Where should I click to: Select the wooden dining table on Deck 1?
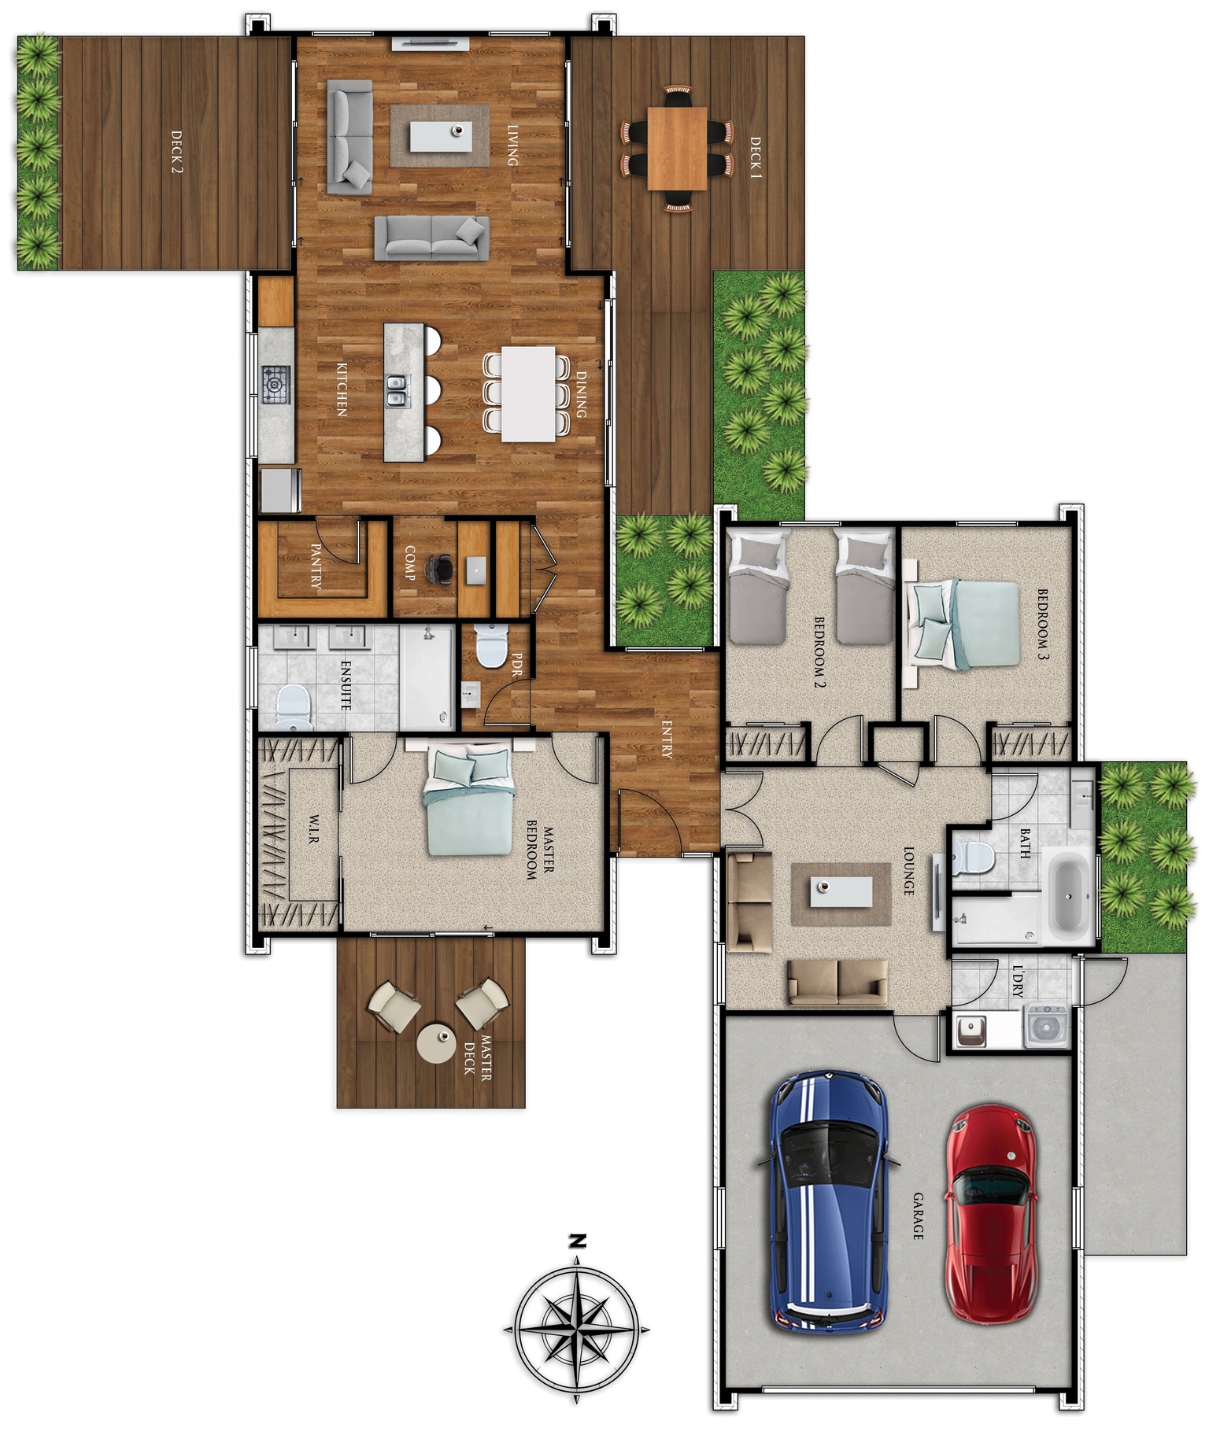point(677,148)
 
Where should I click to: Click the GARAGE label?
point(918,1216)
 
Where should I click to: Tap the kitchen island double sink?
point(397,391)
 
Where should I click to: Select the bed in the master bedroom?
point(469,802)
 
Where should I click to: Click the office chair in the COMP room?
point(440,569)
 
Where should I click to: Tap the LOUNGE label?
point(908,871)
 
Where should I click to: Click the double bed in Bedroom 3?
point(966,624)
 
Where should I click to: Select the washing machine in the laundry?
point(1046,1026)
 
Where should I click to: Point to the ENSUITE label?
point(346,685)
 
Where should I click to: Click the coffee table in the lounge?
point(841,892)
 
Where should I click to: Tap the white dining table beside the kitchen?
point(528,393)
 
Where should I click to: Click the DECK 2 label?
point(176,152)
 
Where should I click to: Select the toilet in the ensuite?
point(294,706)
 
